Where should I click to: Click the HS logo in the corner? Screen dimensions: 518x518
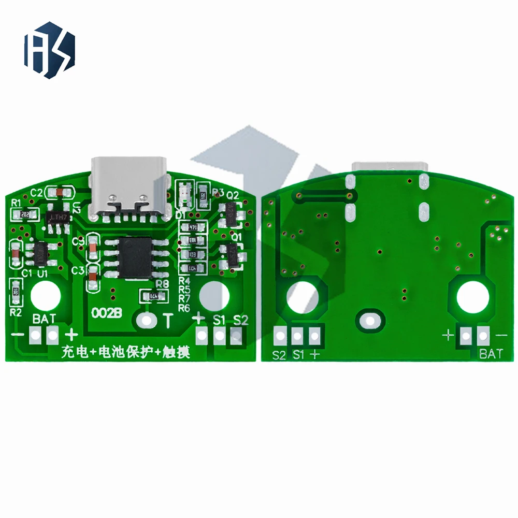(49, 50)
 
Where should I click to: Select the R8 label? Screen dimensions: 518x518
(162, 284)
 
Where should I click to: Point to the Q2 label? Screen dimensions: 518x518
(232, 195)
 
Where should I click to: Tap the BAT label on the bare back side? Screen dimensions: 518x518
(491, 354)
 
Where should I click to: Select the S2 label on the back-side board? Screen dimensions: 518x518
(280, 355)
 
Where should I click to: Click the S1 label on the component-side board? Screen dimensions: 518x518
(219, 320)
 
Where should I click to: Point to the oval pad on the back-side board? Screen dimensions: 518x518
(370, 319)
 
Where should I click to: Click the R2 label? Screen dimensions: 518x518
(16, 312)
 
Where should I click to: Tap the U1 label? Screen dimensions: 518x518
(43, 272)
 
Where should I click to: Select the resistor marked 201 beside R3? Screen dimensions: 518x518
(203, 195)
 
